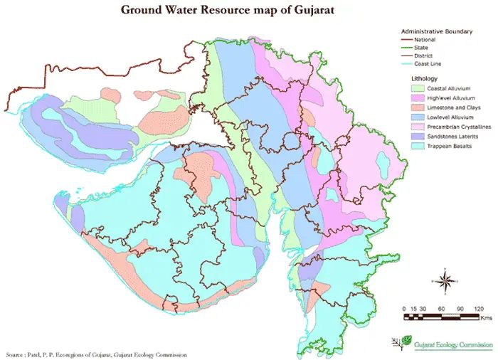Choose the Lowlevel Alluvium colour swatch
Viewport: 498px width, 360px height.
(418, 117)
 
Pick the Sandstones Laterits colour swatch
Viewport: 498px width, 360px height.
(418, 136)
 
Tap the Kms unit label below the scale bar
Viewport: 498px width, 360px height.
(485, 319)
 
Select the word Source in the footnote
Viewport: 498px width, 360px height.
(14, 354)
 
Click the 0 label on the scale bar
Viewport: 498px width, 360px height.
(404, 308)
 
